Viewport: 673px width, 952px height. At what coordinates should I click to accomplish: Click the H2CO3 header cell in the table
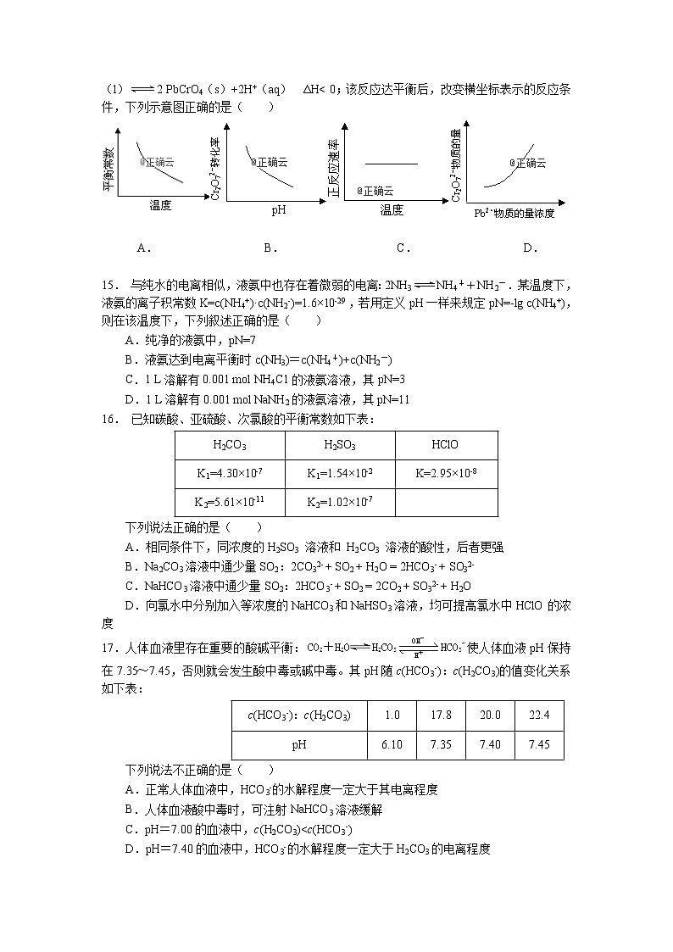(229, 445)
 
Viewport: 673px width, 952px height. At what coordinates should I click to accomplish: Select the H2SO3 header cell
(339, 445)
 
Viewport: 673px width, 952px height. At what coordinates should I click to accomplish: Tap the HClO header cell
(445, 445)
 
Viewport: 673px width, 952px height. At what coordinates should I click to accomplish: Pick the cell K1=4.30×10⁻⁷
(229, 474)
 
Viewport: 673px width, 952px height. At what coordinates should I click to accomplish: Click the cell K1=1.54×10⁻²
(339, 474)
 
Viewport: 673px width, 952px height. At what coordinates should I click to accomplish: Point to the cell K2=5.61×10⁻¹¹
(229, 502)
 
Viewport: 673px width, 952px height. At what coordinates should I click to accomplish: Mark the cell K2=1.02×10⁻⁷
(339, 502)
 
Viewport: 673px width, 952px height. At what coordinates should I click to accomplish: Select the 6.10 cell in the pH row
(392, 744)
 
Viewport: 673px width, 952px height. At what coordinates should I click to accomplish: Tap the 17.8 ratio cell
(441, 715)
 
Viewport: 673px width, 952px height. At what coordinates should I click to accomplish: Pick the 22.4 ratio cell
(539, 715)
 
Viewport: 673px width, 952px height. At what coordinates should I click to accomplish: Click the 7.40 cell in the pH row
(490, 744)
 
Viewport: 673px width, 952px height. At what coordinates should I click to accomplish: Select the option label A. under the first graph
(143, 248)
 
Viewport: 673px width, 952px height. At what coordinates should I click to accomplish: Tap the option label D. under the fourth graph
(531, 248)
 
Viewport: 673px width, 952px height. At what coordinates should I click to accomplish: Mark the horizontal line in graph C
(391, 162)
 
